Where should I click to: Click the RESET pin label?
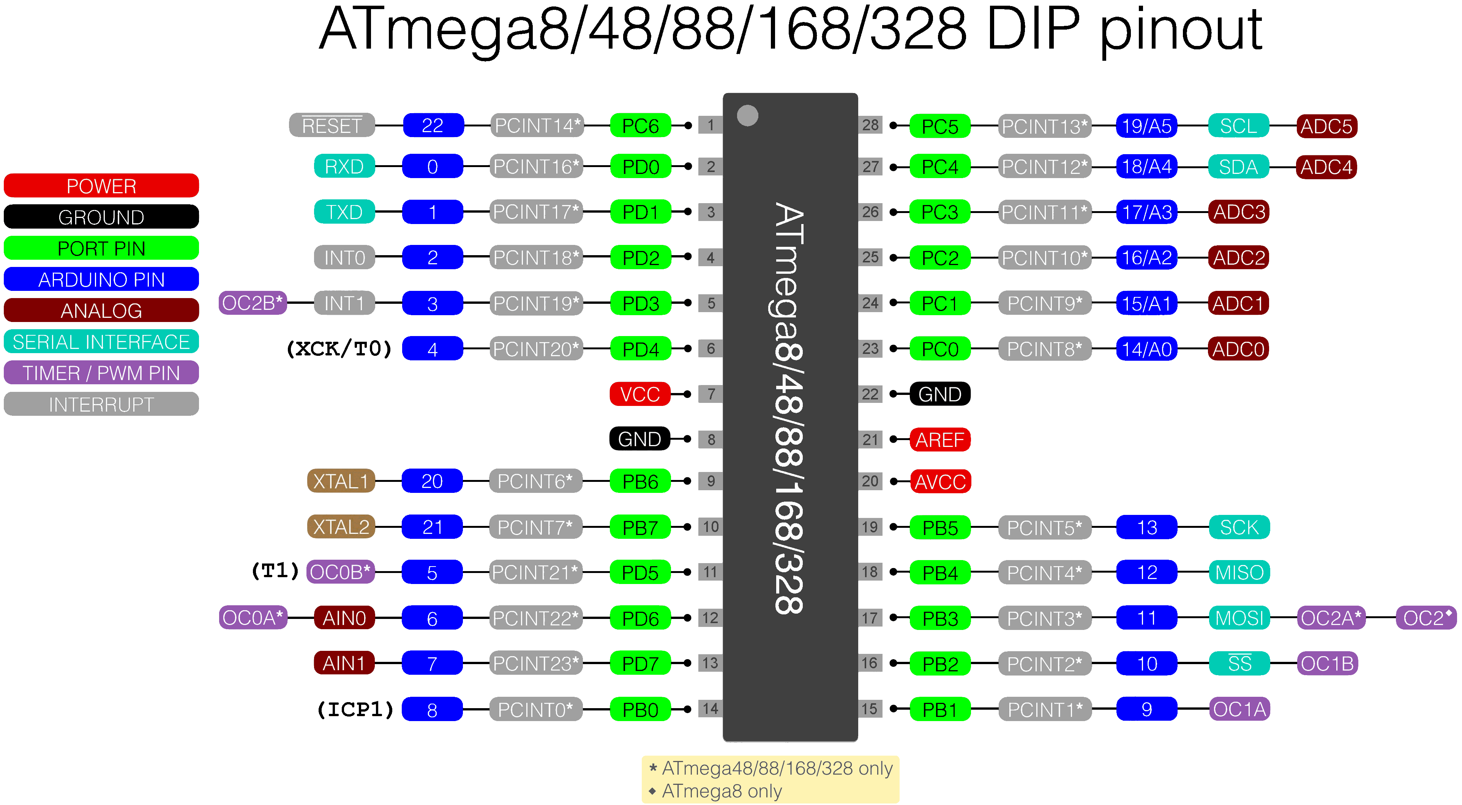(x=332, y=125)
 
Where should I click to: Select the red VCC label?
(x=639, y=394)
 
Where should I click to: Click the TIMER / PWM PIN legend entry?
(x=101, y=373)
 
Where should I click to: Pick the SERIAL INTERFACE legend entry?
(x=101, y=342)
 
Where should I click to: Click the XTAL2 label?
(x=341, y=527)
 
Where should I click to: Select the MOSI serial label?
(x=1239, y=618)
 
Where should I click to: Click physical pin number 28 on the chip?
(x=870, y=125)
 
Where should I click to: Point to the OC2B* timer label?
(x=253, y=303)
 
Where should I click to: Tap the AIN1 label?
(x=344, y=663)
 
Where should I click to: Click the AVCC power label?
(x=940, y=482)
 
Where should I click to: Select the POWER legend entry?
(x=101, y=186)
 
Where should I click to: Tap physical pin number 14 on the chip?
(x=710, y=709)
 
